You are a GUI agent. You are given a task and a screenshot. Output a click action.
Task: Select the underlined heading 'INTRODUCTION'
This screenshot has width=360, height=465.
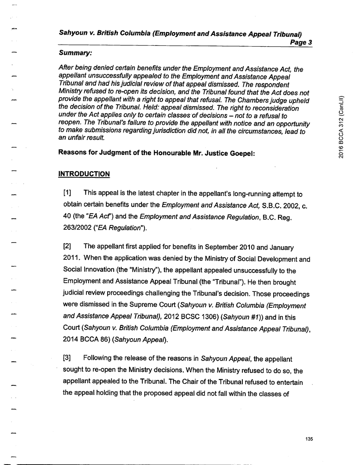point(83,174)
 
